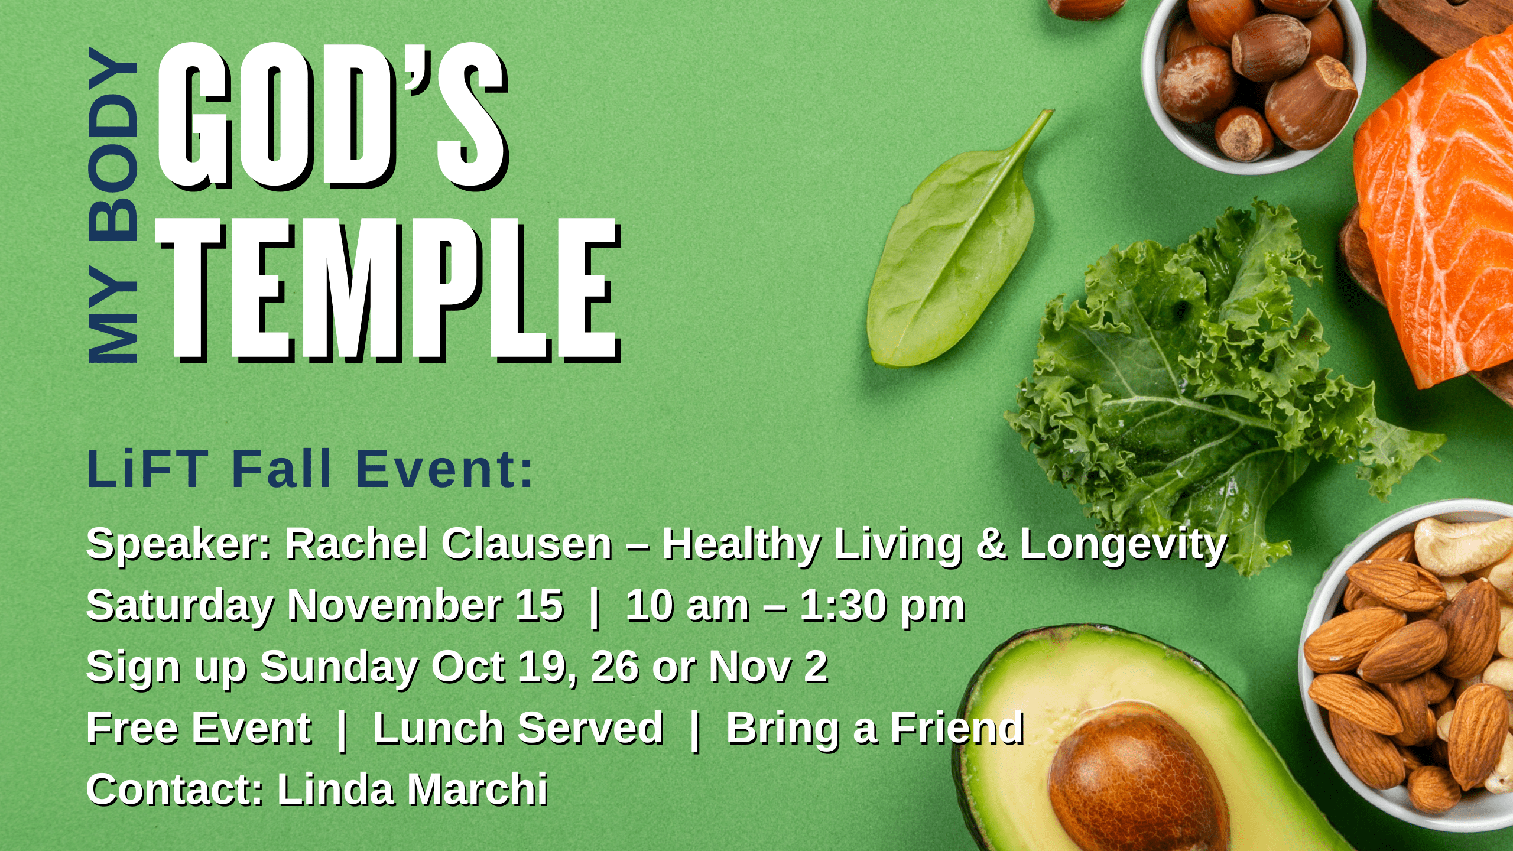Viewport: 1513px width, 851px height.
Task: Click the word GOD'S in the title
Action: pyautogui.click(x=332, y=116)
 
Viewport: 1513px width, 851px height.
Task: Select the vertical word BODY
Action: pyautogui.click(x=113, y=144)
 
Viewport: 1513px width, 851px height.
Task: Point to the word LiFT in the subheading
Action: pyautogui.click(x=148, y=469)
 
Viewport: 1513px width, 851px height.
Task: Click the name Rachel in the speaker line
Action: pyautogui.click(x=356, y=544)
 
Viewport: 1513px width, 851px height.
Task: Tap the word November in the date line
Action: pyautogui.click(x=395, y=606)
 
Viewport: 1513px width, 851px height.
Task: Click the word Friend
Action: pyautogui.click(x=957, y=728)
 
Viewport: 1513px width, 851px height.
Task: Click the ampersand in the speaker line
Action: pyautogui.click(x=991, y=544)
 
